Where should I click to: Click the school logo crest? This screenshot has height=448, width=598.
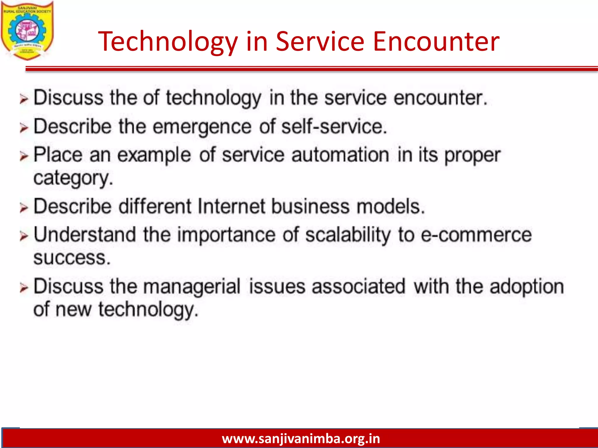(27, 31)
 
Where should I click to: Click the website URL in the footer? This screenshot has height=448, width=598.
(301, 438)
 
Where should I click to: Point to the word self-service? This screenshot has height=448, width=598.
(334, 127)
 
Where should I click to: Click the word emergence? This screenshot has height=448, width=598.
(202, 127)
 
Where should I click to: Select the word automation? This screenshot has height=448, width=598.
(340, 155)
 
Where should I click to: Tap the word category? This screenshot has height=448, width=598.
(73, 178)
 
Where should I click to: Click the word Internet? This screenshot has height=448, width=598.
(231, 206)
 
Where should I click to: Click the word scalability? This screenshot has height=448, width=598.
(348, 235)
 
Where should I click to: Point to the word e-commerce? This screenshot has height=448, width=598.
(476, 235)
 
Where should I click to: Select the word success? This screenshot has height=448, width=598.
(72, 258)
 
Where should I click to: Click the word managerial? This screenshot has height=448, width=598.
(192, 287)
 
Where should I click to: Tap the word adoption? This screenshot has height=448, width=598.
(527, 286)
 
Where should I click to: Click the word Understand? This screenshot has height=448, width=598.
(85, 235)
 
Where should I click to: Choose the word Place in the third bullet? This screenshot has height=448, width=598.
(58, 155)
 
